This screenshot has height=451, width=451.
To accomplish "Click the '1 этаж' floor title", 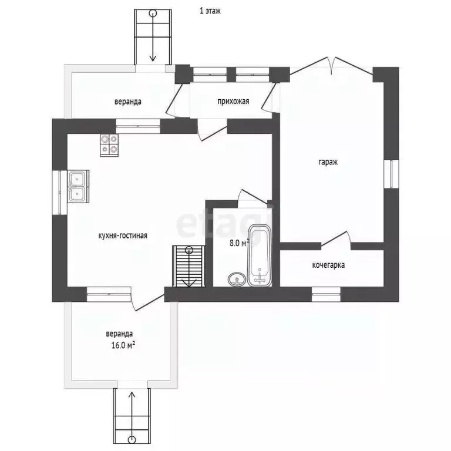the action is click(x=210, y=11).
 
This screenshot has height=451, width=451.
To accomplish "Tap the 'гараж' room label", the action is click(x=328, y=162).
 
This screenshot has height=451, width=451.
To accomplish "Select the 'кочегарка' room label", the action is click(x=328, y=265).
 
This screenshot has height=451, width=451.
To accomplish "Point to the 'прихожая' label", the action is click(x=233, y=101).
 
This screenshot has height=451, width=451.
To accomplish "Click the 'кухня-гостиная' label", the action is click(x=123, y=235).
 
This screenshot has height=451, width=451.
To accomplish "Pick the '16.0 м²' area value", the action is click(x=123, y=345).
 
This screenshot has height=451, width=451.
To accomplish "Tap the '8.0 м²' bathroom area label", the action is click(x=239, y=243).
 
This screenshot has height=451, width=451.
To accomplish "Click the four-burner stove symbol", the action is click(x=109, y=145).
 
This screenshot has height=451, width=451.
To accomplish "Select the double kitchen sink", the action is click(x=78, y=186).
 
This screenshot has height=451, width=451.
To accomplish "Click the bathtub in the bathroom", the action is click(x=260, y=255).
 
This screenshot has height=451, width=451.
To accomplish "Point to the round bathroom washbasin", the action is click(x=237, y=280).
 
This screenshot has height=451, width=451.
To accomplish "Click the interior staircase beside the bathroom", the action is click(x=189, y=266).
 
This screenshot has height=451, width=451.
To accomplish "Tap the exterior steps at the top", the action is click(x=153, y=37).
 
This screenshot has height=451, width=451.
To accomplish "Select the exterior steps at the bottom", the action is click(x=132, y=416).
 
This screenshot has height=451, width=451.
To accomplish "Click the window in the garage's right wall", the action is click(x=392, y=174).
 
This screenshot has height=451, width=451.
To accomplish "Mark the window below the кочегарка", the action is click(x=326, y=294).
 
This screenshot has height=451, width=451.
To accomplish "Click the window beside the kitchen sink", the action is click(x=59, y=193).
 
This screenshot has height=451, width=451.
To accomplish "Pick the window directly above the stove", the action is click(x=138, y=126).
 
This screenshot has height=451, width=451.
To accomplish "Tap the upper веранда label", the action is click(x=128, y=102).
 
